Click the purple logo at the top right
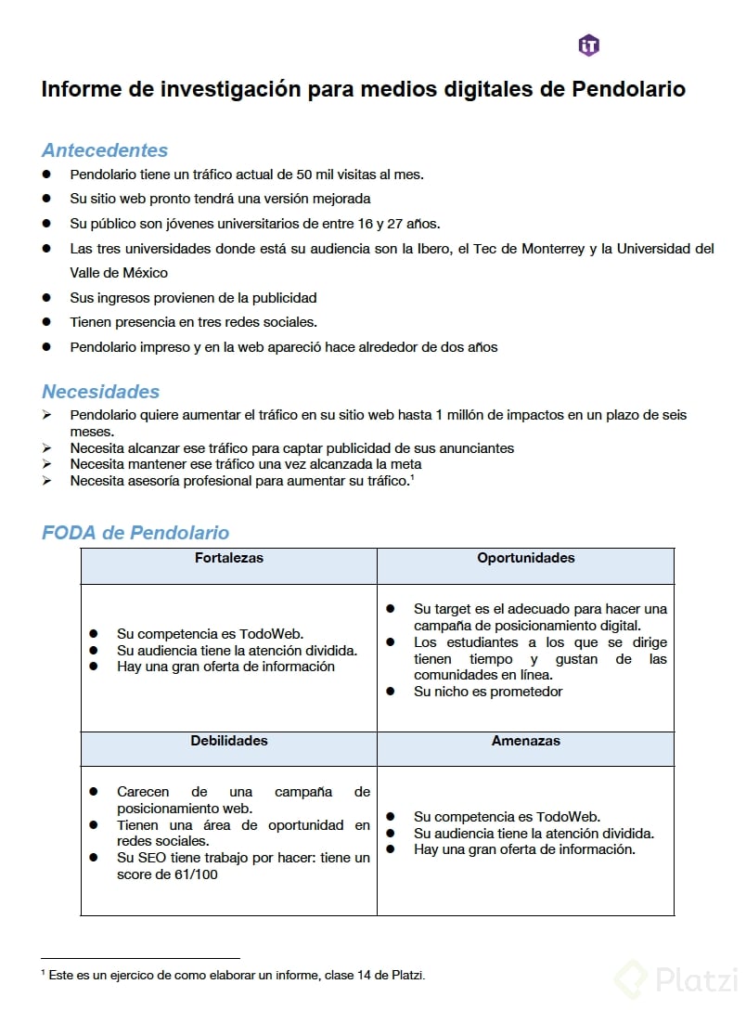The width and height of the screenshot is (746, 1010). click(588, 45)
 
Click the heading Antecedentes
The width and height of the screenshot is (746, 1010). click(105, 150)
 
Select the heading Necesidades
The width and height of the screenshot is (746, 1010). click(101, 392)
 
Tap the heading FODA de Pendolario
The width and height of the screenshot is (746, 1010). click(135, 533)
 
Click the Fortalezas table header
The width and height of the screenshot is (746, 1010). click(229, 558)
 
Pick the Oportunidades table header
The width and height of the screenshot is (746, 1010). click(526, 558)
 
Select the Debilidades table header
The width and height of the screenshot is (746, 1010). click(229, 741)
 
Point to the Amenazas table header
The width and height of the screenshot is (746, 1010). click(526, 741)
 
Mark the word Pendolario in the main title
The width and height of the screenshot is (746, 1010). click(628, 89)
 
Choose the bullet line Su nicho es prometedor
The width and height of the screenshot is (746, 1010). click(488, 692)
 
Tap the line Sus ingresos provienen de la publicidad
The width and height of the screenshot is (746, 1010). click(193, 298)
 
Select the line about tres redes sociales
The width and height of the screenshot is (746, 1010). click(193, 322)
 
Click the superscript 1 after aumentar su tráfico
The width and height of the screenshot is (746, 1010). click(412, 476)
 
